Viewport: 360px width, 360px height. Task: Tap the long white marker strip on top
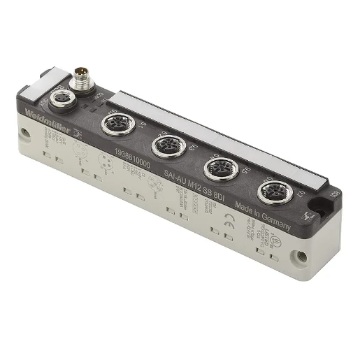pyautogui.click(x=224, y=136)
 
